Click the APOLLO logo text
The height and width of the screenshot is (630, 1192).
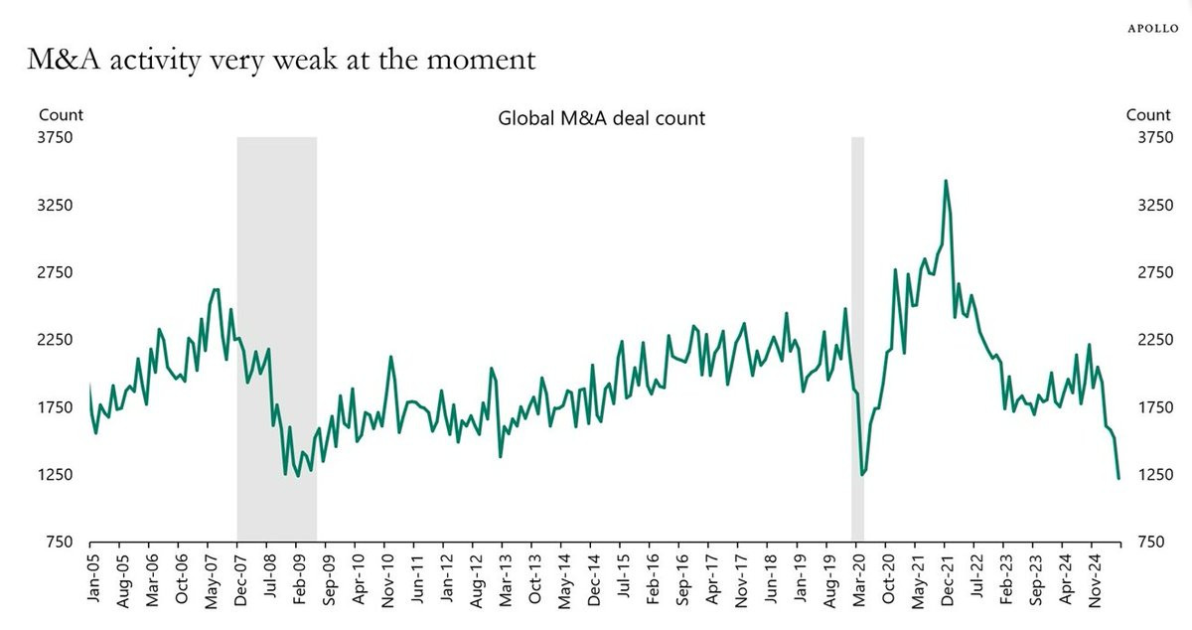click(1152, 29)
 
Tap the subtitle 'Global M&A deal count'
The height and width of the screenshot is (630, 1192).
click(601, 118)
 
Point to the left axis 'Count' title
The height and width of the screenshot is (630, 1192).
click(61, 115)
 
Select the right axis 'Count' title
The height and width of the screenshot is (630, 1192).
click(1148, 115)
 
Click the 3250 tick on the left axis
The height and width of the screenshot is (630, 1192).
click(56, 205)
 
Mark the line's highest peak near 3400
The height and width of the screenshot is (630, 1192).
click(946, 181)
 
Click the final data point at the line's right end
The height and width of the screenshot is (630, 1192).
click(1118, 478)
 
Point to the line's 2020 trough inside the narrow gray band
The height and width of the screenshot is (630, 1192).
click(861, 475)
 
